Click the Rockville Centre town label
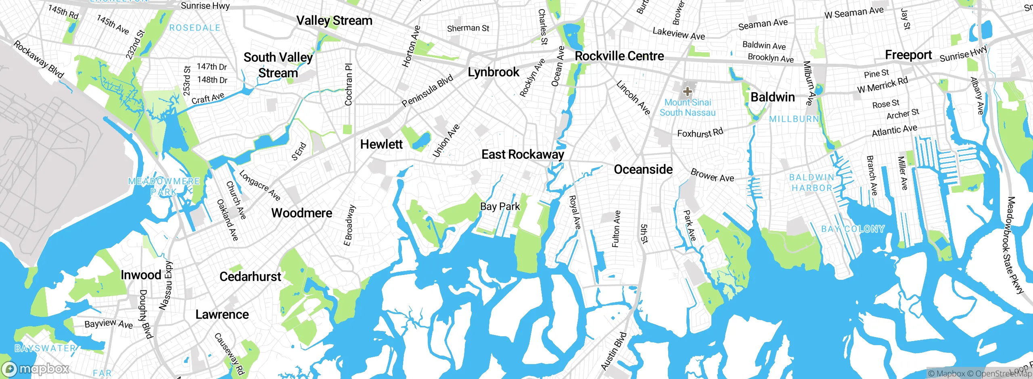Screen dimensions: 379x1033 click(x=619, y=56)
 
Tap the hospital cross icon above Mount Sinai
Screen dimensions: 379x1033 click(x=687, y=92)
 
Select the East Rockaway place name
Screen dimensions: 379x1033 click(x=523, y=154)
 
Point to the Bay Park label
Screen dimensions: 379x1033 click(x=500, y=206)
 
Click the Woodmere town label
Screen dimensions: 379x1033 click(x=301, y=213)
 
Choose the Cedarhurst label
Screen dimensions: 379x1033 click(x=250, y=277)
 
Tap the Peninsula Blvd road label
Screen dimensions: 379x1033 click(x=427, y=91)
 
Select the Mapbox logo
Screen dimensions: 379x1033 click(x=36, y=369)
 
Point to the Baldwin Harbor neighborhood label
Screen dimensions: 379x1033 click(x=811, y=183)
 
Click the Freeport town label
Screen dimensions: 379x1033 click(x=908, y=55)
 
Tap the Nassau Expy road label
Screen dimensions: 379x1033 click(x=166, y=285)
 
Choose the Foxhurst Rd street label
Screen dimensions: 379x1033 click(x=700, y=133)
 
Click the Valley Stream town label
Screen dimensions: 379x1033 click(x=334, y=21)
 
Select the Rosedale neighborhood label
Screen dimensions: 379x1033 click(x=195, y=28)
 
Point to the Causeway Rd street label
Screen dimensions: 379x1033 click(x=229, y=354)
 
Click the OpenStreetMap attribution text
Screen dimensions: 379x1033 click(x=1003, y=374)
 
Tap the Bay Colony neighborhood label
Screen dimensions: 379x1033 click(x=853, y=229)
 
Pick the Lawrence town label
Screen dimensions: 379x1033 click(x=222, y=314)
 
